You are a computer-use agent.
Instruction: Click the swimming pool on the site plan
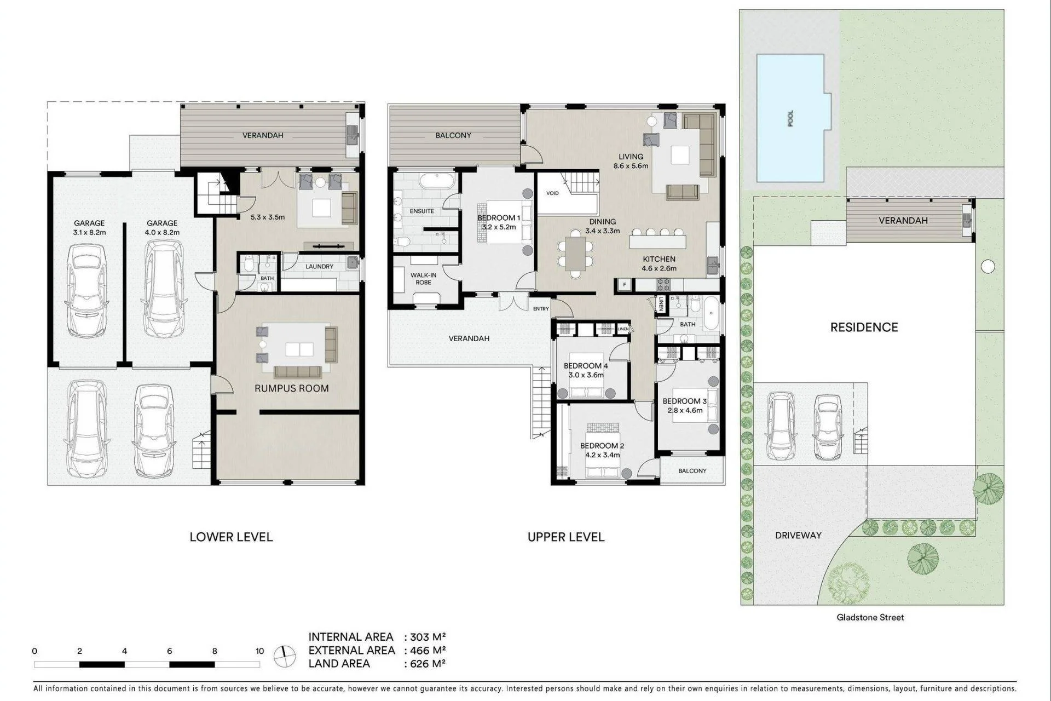tap(791, 118)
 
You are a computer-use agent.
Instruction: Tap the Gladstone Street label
tap(870, 617)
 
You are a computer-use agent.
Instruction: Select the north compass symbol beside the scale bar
tap(285, 656)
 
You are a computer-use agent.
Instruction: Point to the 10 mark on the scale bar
tap(259, 651)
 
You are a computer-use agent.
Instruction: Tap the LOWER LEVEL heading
tap(231, 537)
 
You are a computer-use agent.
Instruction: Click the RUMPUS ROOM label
tap(292, 388)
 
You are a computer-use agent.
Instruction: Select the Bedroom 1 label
tap(499, 218)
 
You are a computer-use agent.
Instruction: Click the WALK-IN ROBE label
tap(423, 279)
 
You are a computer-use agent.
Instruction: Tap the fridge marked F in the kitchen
tap(624, 285)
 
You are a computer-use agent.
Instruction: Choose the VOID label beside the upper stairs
tap(552, 193)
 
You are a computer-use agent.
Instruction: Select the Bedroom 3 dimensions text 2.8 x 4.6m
tap(685, 410)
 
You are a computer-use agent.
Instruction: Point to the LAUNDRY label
tap(320, 267)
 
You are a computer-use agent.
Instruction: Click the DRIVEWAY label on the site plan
tap(798, 536)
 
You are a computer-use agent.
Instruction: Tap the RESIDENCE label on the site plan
tap(864, 327)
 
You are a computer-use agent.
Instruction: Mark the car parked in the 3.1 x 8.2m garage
tap(86, 291)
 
